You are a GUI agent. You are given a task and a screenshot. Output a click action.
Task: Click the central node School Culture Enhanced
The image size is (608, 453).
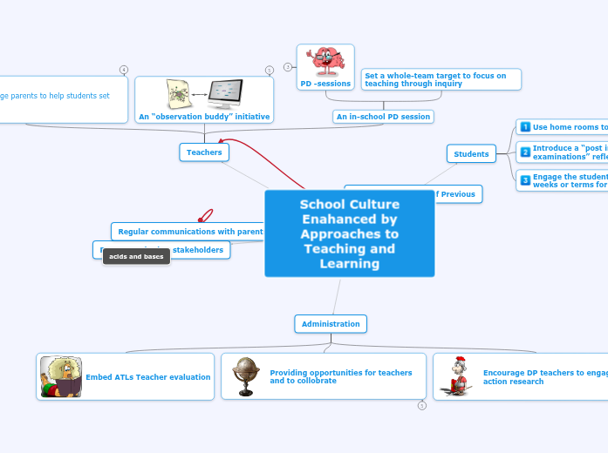[x=349, y=233]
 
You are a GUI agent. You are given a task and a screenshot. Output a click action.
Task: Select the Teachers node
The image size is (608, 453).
[x=204, y=152]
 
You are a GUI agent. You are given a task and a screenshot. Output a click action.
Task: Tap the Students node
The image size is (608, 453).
[x=471, y=154]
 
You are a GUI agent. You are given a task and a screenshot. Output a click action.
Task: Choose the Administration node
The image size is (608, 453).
[x=331, y=324]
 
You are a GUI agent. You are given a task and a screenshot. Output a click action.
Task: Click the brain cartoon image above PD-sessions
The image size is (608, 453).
[x=325, y=62]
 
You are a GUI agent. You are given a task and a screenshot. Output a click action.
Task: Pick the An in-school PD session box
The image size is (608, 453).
[x=383, y=117]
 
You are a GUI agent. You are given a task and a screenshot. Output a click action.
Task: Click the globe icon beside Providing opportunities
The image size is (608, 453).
[x=246, y=376]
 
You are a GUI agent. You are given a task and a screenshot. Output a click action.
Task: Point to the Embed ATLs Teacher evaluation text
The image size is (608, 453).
[x=147, y=377]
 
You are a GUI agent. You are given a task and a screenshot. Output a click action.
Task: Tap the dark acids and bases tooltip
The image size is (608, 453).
[x=135, y=257]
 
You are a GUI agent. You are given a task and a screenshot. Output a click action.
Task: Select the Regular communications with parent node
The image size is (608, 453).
[x=190, y=232]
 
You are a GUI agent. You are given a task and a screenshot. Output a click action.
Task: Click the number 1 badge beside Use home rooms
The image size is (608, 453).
[x=525, y=127]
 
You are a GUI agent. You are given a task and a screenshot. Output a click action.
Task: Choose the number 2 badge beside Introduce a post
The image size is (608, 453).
[x=525, y=152]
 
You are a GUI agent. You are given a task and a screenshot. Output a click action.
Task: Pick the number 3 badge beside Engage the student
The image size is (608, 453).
[x=525, y=180]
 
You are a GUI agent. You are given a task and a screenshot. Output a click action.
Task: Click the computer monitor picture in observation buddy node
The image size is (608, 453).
[x=225, y=93]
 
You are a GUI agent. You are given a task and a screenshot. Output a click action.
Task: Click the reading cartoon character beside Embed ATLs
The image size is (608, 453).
[x=61, y=377]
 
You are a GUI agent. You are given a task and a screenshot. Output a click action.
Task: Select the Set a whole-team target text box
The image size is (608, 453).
[x=441, y=79]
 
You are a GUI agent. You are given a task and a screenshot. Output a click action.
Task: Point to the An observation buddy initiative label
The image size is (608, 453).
[x=204, y=117]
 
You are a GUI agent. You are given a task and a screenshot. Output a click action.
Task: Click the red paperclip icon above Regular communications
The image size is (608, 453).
[x=206, y=215]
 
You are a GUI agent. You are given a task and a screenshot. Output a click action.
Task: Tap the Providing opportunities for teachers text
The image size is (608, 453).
[x=340, y=376]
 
